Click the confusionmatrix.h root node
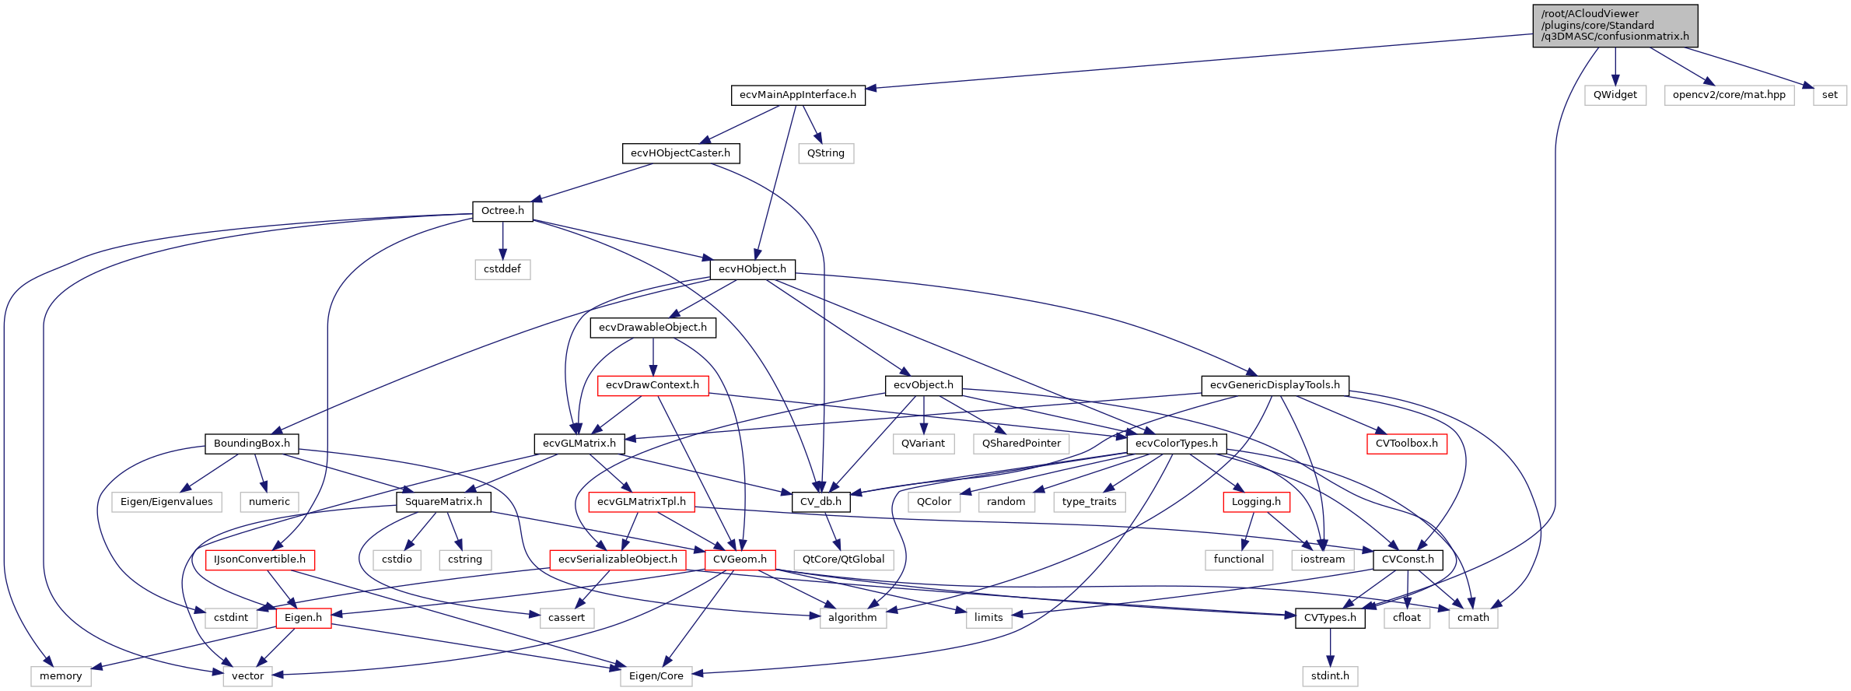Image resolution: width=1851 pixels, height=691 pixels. click(1615, 26)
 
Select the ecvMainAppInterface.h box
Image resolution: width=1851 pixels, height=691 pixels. click(797, 95)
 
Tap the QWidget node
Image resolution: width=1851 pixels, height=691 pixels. click(1615, 95)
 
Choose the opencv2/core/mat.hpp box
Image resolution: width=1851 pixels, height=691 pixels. click(1728, 95)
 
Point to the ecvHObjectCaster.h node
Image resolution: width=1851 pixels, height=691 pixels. click(681, 153)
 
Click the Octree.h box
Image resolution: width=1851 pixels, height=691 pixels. click(502, 211)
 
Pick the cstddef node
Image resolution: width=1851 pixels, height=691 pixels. click(502, 269)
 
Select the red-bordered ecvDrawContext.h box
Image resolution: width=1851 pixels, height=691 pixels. click(653, 385)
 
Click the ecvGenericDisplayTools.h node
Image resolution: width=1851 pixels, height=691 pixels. click(1275, 385)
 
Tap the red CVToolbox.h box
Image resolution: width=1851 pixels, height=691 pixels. click(1406, 444)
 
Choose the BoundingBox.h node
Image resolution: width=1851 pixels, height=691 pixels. click(251, 444)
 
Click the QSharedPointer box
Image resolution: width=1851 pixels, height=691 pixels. click(1021, 444)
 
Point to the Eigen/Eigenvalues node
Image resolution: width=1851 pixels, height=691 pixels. click(166, 502)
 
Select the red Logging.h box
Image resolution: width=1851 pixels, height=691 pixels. click(1256, 502)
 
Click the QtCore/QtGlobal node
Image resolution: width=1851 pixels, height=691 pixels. click(843, 559)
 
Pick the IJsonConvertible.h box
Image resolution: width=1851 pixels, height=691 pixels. click(260, 559)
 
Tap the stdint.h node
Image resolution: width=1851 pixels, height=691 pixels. click(1330, 676)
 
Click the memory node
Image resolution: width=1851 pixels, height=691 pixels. click(61, 676)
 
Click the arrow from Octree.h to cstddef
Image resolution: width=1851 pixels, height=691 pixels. click(502, 240)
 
